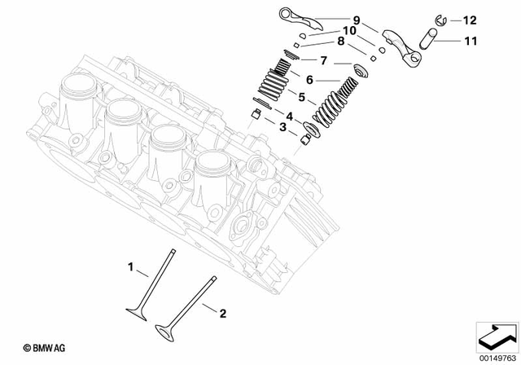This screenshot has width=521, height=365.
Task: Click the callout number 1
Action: pyautogui.click(x=129, y=266)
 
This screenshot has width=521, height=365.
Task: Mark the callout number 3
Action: pyautogui.click(x=282, y=127)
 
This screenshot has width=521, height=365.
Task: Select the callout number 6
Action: pyautogui.click(x=310, y=79)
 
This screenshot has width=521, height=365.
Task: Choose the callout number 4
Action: pyautogui.click(x=288, y=115)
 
